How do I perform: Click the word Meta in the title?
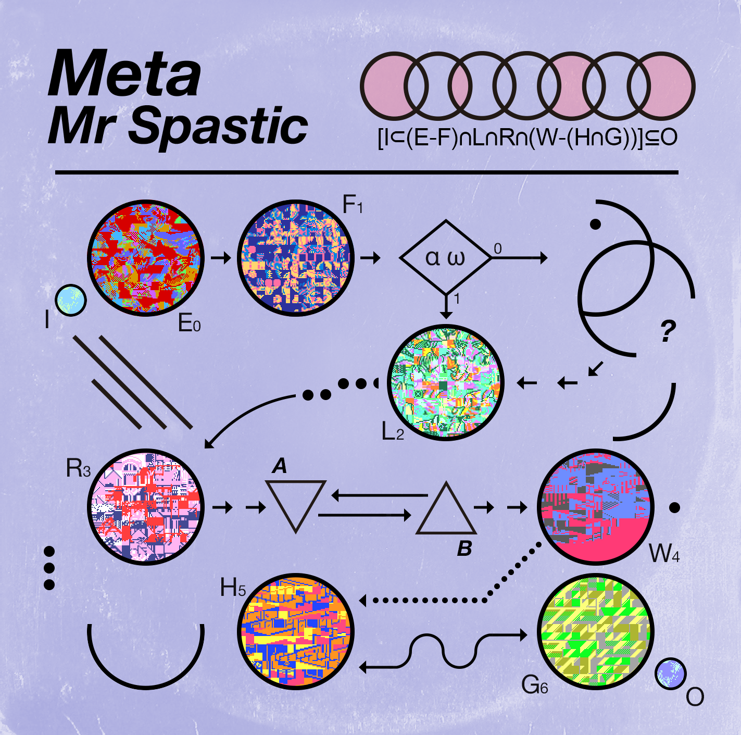pyautogui.click(x=124, y=73)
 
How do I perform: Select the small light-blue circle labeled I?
pyautogui.click(x=71, y=301)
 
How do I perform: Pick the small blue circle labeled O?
pyautogui.click(x=671, y=674)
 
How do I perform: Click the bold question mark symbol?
pyautogui.click(x=668, y=331)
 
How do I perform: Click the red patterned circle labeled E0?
pyautogui.click(x=146, y=257)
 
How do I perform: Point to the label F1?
pyautogui.click(x=352, y=205)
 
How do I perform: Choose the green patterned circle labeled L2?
pyautogui.click(x=445, y=382)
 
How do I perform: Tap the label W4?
pyautogui.click(x=664, y=554)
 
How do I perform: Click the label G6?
pyautogui.click(x=535, y=684)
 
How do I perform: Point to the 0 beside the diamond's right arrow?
pyautogui.click(x=498, y=249)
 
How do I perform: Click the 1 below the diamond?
pyautogui.click(x=457, y=299)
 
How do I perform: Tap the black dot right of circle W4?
pyautogui.click(x=674, y=508)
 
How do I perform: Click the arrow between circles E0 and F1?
pyautogui.click(x=221, y=257)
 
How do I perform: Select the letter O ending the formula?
pyautogui.click(x=669, y=138)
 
